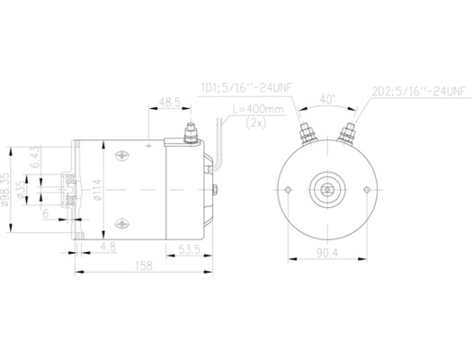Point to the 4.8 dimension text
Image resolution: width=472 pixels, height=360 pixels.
click(107, 246)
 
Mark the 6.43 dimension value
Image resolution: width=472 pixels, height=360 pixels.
click(34, 157)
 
